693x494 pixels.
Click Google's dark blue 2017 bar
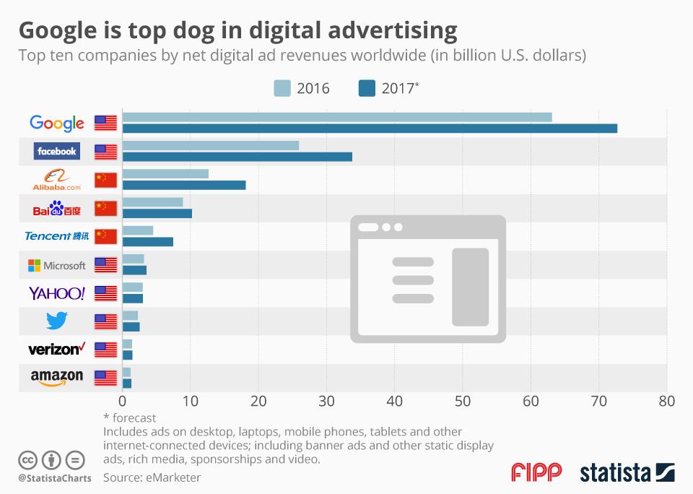coord(370,129)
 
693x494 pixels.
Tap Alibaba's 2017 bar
coord(184,185)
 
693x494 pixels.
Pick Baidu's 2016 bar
coord(153,201)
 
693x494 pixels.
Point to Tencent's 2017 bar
coord(148,242)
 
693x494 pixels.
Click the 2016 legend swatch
coord(282,88)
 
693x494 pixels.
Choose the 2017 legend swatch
coord(367,88)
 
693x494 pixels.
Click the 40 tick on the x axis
coord(395,401)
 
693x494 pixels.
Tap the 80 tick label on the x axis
coord(667,401)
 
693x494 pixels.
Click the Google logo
coord(57,123)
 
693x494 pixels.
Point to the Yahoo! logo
coord(57,293)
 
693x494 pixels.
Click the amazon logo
coord(57,377)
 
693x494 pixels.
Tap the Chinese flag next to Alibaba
coord(105,180)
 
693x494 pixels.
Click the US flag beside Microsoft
coord(105,265)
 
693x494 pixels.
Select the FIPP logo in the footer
coord(536,473)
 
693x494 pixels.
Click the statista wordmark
coord(614,473)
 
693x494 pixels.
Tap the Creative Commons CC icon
coord(27,459)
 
